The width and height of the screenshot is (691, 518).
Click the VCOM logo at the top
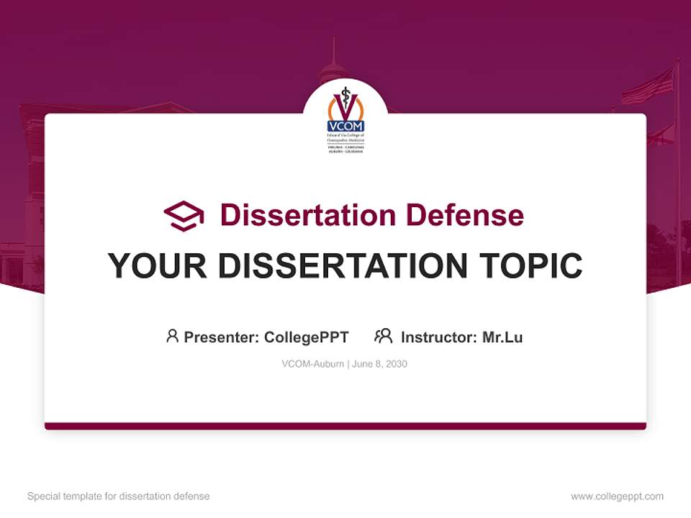[345, 118]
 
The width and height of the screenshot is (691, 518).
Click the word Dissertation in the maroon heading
[307, 215]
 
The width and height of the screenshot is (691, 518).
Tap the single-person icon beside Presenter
[172, 336]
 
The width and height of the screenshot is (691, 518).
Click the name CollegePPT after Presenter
[307, 337]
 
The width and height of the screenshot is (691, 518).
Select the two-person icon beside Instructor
[383, 336]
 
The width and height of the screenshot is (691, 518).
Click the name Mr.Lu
[502, 337]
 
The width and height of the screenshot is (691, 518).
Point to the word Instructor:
[438, 337]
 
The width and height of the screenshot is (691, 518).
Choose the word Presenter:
[222, 337]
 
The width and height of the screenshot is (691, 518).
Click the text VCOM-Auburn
[312, 364]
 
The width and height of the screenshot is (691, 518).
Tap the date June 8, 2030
[380, 364]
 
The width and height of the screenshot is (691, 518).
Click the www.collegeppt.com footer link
[617, 496]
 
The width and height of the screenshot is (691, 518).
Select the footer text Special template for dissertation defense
[119, 496]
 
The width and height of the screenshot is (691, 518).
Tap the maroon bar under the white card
[345, 426]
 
